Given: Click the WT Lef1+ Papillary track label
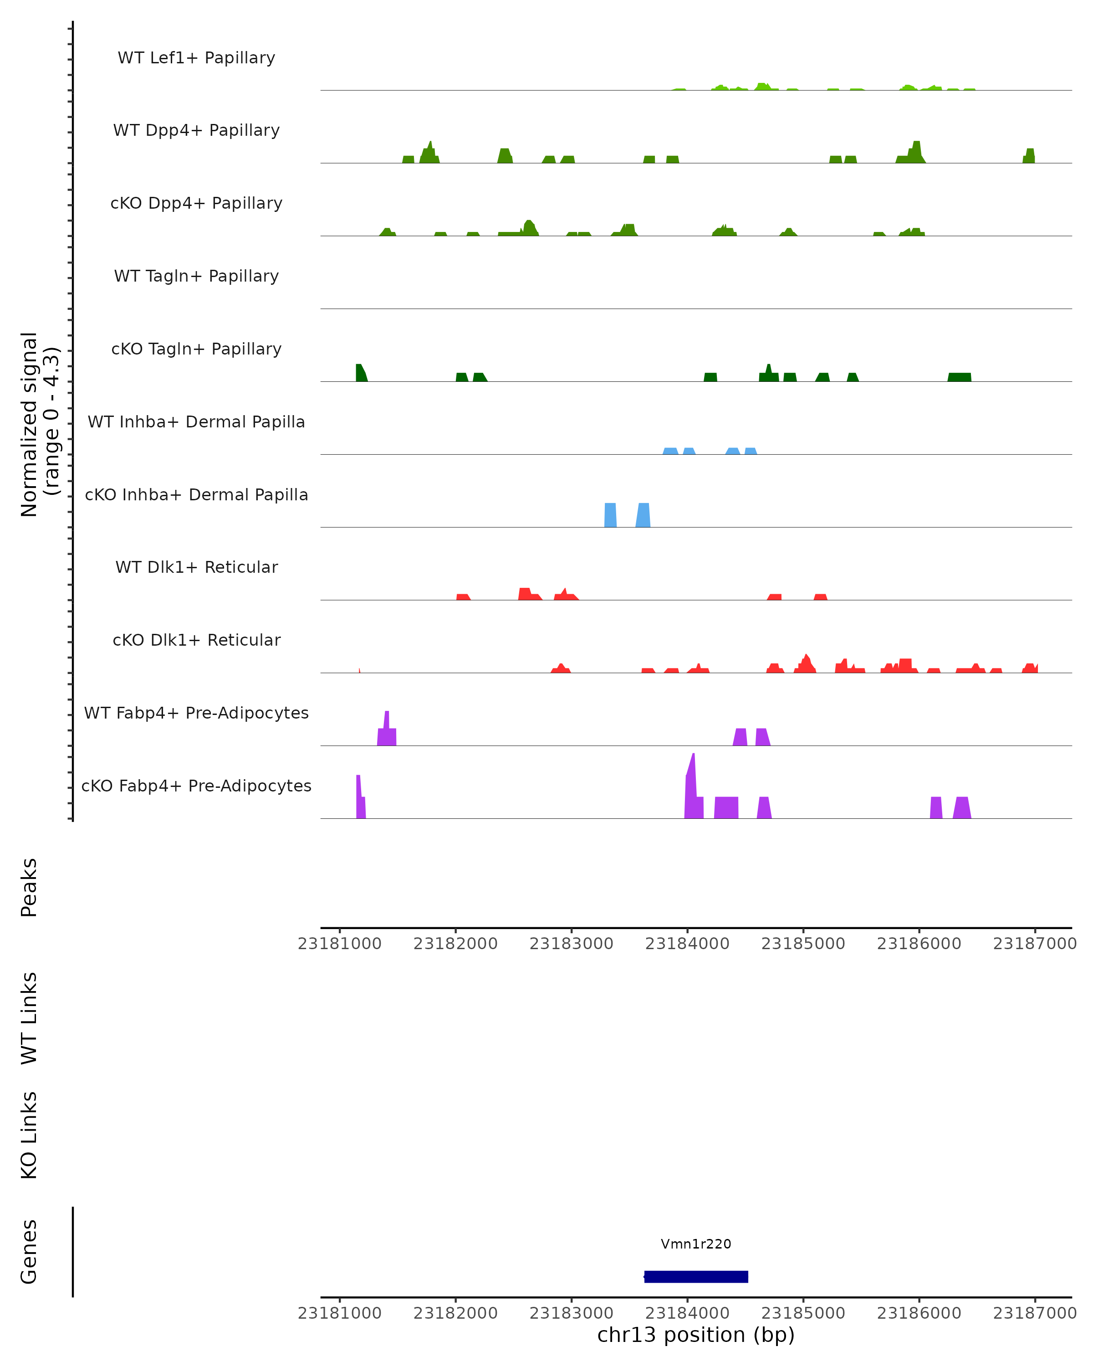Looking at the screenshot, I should click(x=196, y=58).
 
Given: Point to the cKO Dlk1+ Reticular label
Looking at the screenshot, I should click(x=196, y=640).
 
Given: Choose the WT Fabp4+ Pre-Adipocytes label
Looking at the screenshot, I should click(x=196, y=713).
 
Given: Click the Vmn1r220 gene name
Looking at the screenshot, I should click(x=696, y=1244).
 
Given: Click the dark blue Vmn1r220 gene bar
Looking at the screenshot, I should click(x=696, y=1277).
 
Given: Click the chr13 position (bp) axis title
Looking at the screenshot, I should click(x=696, y=1335).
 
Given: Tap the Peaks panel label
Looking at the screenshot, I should click(x=29, y=887).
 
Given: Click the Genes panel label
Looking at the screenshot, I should click(x=29, y=1252).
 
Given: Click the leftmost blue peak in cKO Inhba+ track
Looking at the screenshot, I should click(x=610, y=515).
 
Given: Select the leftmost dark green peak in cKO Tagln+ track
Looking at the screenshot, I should click(x=361, y=374).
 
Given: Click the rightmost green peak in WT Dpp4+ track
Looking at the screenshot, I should click(x=1029, y=156).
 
